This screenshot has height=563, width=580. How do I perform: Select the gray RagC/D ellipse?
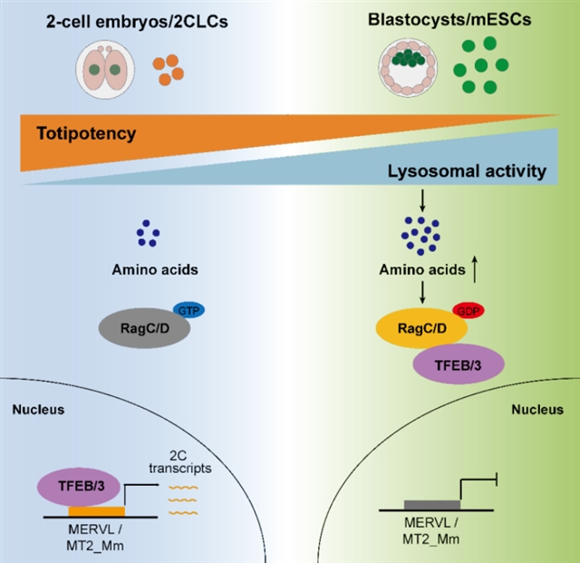point(150,329)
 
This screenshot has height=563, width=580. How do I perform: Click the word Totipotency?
point(87,134)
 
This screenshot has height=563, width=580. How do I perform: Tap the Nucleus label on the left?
point(36,409)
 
